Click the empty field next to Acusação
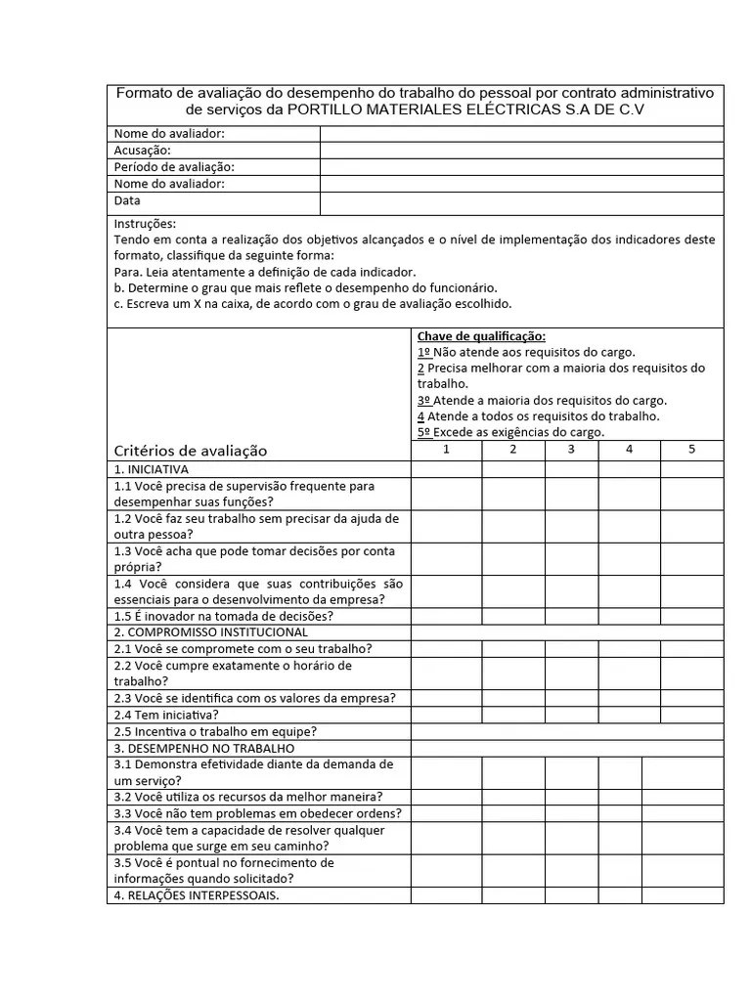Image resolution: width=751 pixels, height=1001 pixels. point(521,151)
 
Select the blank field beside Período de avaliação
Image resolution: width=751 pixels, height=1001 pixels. point(521,167)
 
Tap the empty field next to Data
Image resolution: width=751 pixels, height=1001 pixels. point(521,202)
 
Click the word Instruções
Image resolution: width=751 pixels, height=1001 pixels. point(145,224)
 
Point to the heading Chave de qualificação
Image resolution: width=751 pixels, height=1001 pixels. point(481,336)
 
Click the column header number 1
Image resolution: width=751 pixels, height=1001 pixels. point(446,450)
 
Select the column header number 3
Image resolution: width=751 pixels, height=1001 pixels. point(571,450)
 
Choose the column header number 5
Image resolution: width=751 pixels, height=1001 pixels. point(691,450)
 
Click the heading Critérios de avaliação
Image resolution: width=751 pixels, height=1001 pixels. point(191,451)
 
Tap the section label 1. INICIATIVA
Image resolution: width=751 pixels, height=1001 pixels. point(152,469)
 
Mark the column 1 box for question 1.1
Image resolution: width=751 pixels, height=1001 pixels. point(446,494)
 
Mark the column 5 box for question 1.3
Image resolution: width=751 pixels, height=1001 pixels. point(691,558)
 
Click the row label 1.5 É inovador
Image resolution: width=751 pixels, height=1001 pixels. point(224,617)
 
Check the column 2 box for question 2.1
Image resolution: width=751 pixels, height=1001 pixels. point(512,649)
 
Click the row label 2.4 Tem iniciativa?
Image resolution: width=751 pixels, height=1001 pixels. point(166,715)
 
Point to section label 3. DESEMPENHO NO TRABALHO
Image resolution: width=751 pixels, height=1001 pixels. point(204,748)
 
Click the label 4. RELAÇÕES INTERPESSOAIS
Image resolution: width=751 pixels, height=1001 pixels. point(197,895)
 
